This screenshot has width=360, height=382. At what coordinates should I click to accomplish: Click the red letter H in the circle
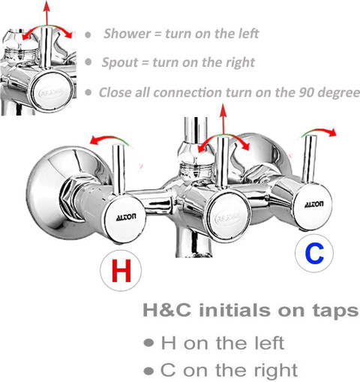coord(121,270)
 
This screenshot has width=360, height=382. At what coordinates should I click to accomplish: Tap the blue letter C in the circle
coord(314,254)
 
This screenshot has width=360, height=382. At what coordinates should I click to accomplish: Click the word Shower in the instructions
coord(127,34)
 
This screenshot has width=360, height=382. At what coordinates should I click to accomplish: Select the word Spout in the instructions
coord(120,62)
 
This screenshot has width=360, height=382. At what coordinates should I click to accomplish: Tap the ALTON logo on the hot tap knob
coord(126,217)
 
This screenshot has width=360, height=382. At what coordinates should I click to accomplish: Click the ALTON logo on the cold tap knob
coord(314,204)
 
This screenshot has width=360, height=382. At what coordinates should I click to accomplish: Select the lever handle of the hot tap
coord(118,170)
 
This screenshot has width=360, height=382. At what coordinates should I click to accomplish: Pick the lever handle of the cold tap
coord(309,159)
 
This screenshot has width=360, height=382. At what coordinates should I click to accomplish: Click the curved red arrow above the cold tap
coord(319,131)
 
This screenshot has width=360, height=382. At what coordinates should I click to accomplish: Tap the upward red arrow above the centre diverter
coord(223,119)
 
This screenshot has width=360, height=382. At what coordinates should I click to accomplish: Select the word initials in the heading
coord(235,311)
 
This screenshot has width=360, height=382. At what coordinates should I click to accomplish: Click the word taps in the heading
coord(336,311)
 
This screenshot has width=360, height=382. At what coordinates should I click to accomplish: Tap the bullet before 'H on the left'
coord(148,342)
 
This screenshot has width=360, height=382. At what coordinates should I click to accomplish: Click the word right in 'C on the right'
coord(276,371)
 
